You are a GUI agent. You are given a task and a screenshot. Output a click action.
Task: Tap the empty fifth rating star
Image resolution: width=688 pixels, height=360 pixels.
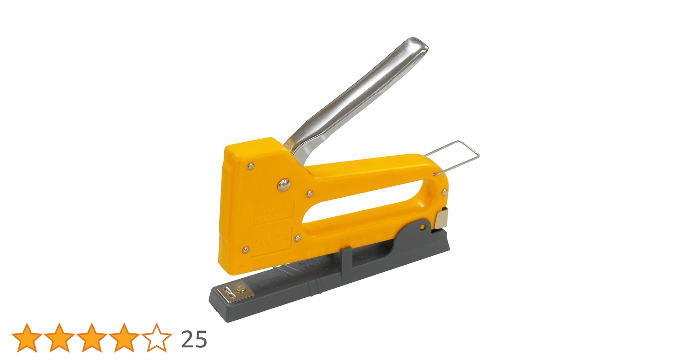pos(156,338)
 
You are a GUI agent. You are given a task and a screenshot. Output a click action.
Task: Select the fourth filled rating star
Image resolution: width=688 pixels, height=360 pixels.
pos(124,338)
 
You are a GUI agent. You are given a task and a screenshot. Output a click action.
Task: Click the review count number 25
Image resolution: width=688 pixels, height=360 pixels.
pos(194,339)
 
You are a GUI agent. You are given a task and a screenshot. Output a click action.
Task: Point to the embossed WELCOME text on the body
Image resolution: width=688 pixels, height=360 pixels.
pos(274,208)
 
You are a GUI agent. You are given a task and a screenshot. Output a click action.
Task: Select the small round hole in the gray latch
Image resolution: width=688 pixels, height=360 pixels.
pos(423,227)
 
